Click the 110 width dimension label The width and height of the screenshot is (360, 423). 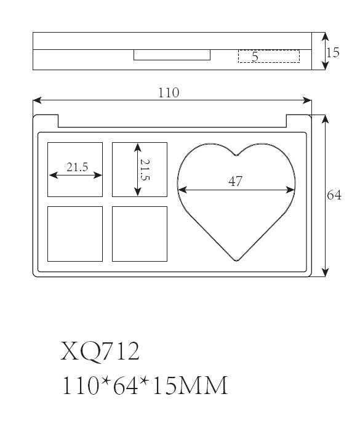click(x=168, y=93)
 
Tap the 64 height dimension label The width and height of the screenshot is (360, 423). click(x=334, y=195)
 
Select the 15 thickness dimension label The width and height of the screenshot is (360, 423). click(x=332, y=52)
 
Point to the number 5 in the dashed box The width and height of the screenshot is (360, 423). click(x=255, y=57)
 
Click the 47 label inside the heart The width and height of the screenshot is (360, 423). click(x=235, y=181)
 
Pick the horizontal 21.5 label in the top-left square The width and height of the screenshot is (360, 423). click(x=77, y=167)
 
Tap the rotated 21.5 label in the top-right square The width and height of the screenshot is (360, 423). click(x=145, y=170)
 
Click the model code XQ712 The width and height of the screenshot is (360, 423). click(x=100, y=351)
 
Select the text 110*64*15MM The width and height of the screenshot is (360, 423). click(x=145, y=385)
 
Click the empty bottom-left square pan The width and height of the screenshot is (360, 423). click(x=75, y=234)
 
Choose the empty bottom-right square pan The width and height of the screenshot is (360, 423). click(x=140, y=234)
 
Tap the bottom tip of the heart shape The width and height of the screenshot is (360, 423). click(x=236, y=260)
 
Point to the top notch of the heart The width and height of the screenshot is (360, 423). click(x=236, y=155)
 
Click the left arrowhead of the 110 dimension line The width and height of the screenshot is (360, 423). click(x=37, y=100)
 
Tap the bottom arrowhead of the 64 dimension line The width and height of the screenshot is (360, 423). click(x=326, y=273)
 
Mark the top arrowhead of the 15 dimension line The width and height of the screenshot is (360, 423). click(x=326, y=37)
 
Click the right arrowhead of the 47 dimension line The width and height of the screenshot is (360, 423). click(x=290, y=190)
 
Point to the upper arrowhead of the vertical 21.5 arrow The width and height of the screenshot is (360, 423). click(x=138, y=147)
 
